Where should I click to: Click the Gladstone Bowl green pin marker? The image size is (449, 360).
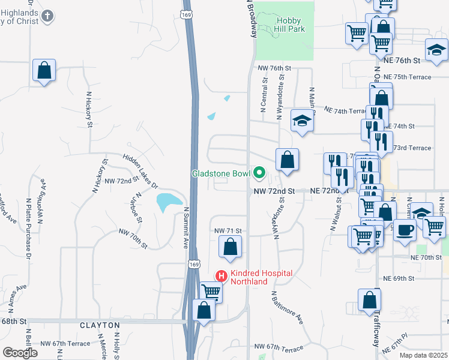(259, 173)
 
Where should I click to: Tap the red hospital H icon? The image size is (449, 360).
(221, 276)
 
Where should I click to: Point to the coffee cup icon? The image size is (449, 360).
(405, 230)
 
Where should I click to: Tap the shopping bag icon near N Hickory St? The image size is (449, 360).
(44, 71)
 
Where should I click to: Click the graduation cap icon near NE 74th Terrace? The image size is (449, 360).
(303, 121)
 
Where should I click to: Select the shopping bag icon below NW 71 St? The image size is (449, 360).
(230, 247)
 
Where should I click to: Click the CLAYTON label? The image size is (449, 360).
(100, 325)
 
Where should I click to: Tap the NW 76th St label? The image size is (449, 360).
(274, 68)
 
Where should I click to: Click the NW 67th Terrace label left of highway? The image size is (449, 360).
(65, 344)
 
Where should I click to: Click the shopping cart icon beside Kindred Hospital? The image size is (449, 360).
(211, 292)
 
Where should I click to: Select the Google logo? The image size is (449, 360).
(20, 353)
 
